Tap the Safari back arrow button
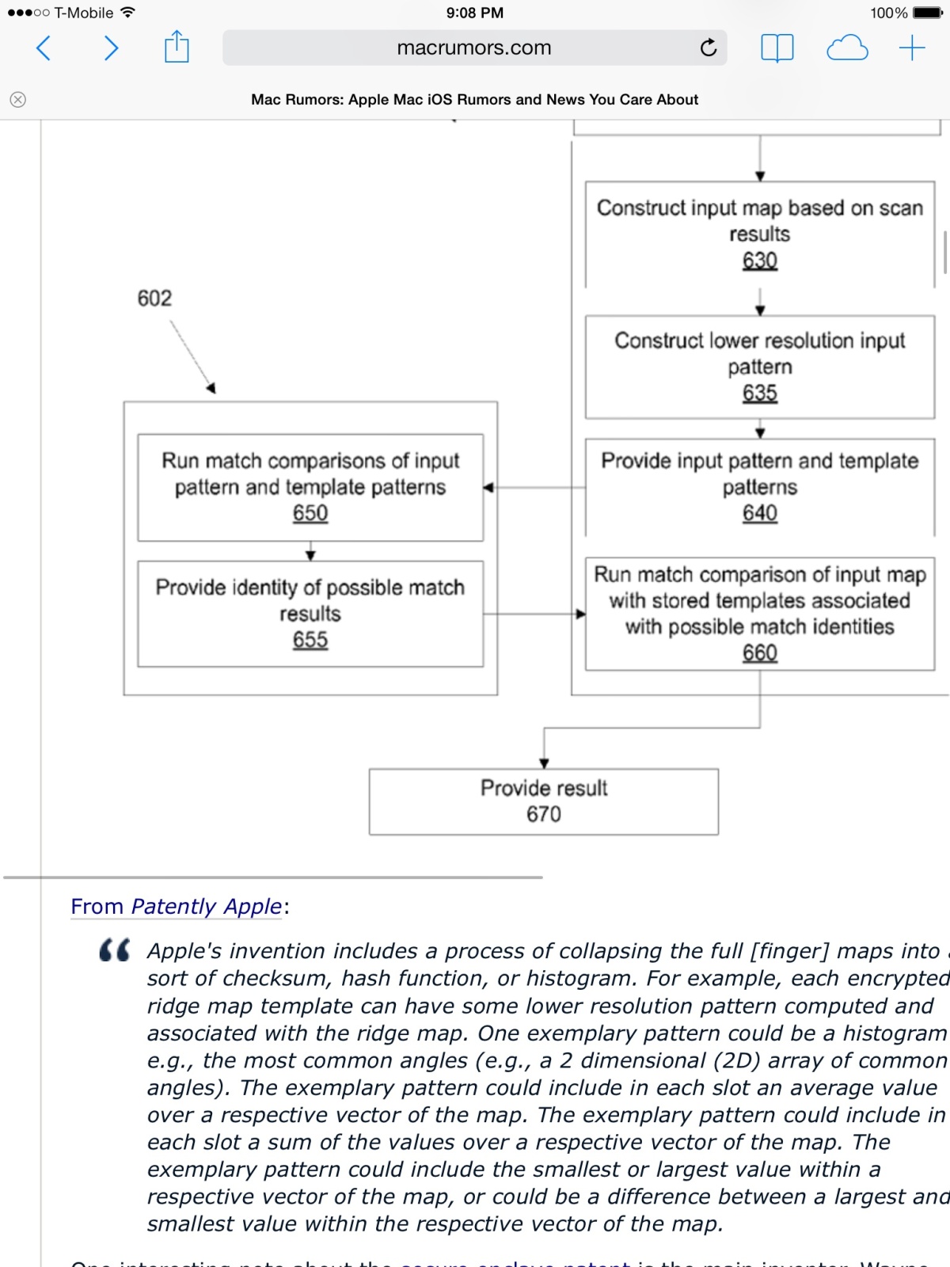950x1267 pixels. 44,48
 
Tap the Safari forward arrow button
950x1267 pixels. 111,48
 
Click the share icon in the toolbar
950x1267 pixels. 177,47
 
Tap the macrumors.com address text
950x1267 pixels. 473,48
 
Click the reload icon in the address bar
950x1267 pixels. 709,48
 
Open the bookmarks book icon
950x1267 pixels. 777,48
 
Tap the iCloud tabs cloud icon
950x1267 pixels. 847,48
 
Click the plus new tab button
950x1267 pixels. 912,48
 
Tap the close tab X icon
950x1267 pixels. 18,99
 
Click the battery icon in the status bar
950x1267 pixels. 927,13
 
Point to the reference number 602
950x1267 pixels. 154,299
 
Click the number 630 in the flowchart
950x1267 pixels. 760,261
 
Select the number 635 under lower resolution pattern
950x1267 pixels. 760,393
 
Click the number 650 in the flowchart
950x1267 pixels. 310,513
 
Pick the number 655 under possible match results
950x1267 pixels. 310,640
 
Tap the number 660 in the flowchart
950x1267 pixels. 760,653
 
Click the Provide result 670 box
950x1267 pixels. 544,801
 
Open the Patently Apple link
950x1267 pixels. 206,907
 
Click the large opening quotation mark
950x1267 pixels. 115,950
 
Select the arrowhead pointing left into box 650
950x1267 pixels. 488,488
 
